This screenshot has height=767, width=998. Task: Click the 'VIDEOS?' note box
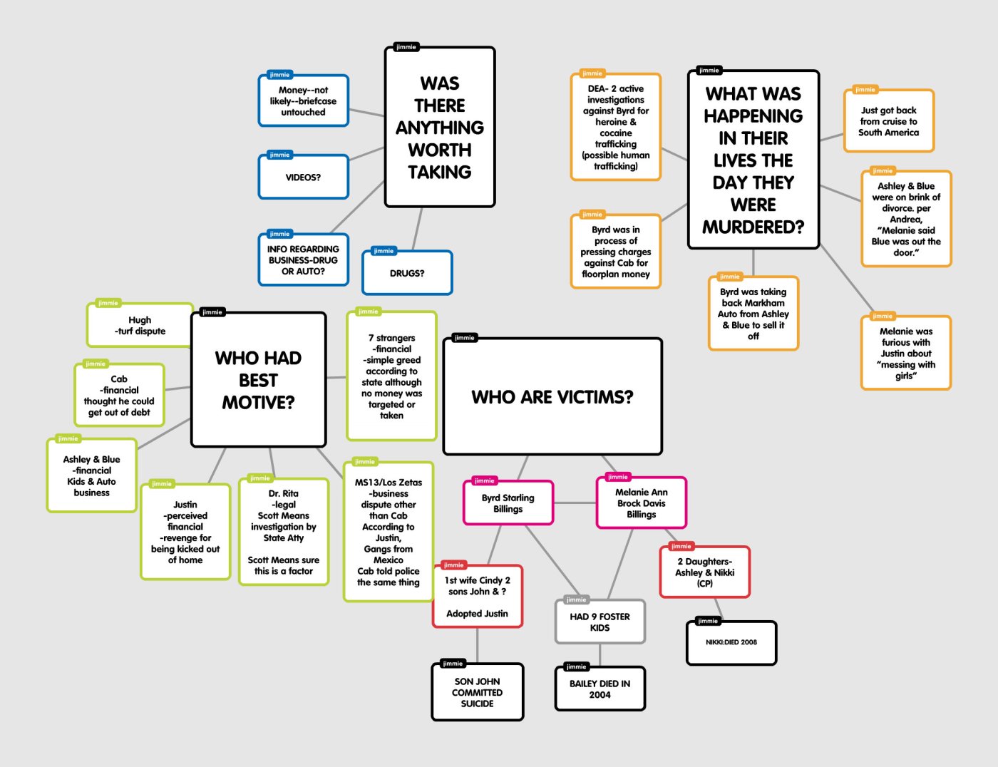[x=304, y=177]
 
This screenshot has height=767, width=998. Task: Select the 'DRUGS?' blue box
[x=407, y=273]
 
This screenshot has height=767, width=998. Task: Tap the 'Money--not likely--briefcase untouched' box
[x=304, y=101]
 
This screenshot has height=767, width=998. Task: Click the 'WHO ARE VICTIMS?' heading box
[x=552, y=397]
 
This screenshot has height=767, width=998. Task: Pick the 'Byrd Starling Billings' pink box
[x=508, y=503]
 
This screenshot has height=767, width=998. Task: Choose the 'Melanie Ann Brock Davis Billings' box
[x=642, y=503]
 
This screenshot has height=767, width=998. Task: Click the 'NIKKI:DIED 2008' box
[x=731, y=642]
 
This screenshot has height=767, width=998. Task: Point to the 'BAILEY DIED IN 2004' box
[x=600, y=689]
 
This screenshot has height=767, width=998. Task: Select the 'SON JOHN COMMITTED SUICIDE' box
[x=478, y=692]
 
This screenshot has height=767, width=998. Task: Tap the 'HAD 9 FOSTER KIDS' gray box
[x=600, y=622]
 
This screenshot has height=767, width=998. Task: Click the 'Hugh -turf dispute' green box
[x=140, y=326]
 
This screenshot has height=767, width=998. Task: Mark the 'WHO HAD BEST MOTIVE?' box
[x=258, y=380]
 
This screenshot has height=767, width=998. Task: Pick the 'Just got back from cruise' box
[x=888, y=121]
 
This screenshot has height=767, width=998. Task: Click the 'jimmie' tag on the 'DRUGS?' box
[x=384, y=251]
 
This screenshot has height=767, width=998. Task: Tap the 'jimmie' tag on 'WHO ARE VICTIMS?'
[x=464, y=338]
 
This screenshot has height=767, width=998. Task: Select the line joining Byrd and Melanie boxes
[x=575, y=503]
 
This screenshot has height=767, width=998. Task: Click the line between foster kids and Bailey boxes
[x=600, y=654]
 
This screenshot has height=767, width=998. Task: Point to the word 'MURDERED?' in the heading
[x=753, y=227]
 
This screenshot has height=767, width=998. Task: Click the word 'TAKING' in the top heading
[x=440, y=173]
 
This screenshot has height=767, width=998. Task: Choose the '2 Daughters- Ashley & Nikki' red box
[x=705, y=572]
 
